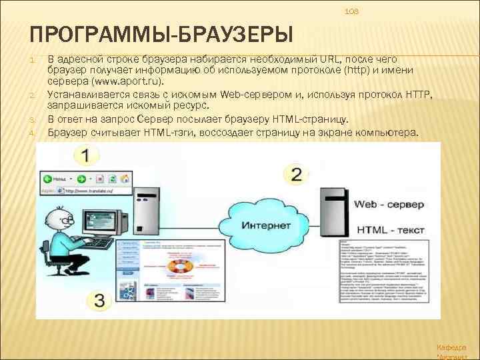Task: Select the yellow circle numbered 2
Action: pos(297,175)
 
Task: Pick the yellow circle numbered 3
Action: pos(99,300)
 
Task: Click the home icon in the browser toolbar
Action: pos(124,179)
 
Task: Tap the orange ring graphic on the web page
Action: pos(181,267)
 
